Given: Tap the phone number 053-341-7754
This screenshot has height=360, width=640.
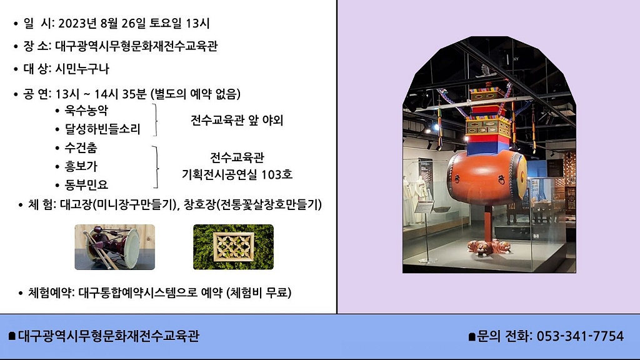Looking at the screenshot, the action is [580, 336].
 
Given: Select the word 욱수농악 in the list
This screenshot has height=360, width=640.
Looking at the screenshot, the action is [86, 110].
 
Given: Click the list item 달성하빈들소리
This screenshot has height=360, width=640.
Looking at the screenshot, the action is [102, 129].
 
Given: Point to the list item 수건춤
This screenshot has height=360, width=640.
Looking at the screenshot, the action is [81, 147].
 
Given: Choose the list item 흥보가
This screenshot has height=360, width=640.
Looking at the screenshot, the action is [81, 166].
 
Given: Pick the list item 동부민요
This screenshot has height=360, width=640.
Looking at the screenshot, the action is [86, 184].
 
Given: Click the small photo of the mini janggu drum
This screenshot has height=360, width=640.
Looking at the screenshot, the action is [115, 247].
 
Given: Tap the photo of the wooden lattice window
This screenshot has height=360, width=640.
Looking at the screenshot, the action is [234, 247].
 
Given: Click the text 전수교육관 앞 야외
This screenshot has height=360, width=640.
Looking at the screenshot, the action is [237, 120].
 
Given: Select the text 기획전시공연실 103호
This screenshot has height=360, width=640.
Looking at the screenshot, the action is [237, 175].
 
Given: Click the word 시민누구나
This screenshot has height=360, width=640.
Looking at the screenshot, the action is [82, 69].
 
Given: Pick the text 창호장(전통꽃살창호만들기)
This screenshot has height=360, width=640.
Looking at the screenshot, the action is [252, 204].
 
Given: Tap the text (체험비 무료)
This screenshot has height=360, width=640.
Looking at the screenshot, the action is [259, 292].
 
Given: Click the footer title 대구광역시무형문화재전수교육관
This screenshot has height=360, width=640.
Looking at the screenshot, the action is [109, 336].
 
